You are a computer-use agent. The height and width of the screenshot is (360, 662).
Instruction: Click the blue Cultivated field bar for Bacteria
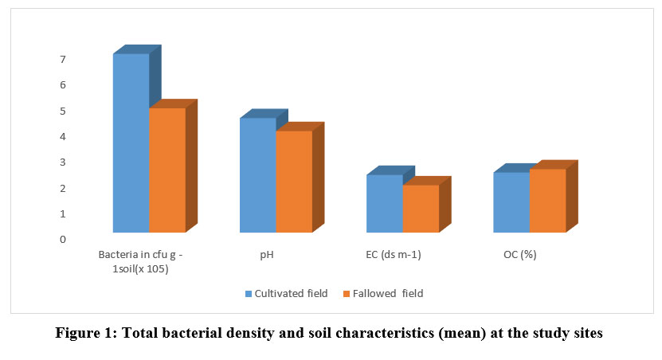tap(131, 143)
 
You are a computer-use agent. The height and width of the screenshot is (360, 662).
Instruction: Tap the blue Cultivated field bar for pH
tap(257, 175)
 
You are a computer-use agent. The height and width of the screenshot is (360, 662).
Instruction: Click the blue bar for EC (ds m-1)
tap(384, 204)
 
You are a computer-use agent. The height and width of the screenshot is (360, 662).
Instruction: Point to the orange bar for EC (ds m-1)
tap(421, 209)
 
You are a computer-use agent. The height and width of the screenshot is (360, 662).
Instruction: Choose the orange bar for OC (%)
tap(547, 201)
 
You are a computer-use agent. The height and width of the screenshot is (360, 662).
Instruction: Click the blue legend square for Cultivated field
tap(249, 294)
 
